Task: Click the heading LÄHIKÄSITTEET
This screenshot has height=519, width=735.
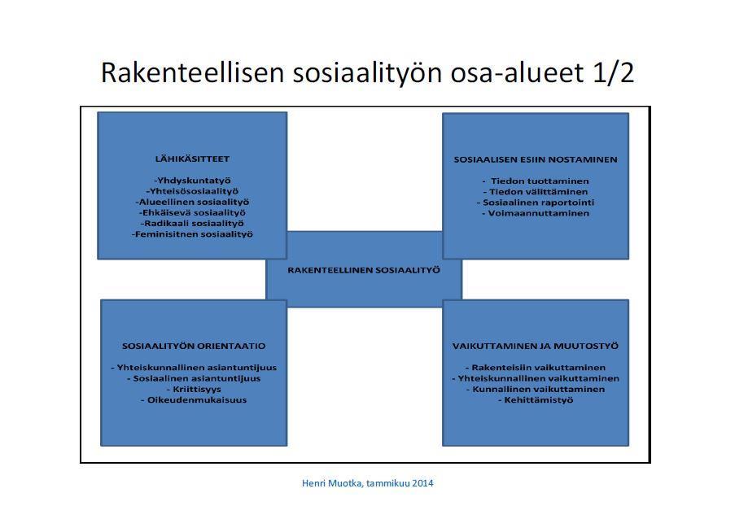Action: click(x=192, y=159)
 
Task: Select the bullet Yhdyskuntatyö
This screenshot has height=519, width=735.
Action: click(x=192, y=181)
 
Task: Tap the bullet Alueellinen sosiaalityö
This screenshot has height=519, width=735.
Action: click(x=192, y=203)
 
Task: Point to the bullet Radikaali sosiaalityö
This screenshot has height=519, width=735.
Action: click(x=192, y=224)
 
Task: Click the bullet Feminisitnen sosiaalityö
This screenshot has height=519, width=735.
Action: click(x=192, y=234)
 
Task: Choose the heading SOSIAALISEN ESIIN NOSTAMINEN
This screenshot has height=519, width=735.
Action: click(x=536, y=159)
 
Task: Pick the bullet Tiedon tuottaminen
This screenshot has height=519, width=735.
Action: click(x=536, y=181)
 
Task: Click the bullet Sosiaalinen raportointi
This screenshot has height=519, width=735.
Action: click(x=536, y=203)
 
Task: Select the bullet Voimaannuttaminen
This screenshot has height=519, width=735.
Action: click(x=536, y=214)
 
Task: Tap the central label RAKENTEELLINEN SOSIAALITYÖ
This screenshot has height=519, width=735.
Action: click(x=364, y=270)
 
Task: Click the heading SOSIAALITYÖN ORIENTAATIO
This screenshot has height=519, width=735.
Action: click(x=194, y=347)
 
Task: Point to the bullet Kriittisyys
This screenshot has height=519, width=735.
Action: click(x=194, y=389)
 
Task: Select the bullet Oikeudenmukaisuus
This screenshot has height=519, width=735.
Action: click(x=194, y=400)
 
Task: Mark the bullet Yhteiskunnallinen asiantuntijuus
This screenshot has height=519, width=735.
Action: click(x=194, y=368)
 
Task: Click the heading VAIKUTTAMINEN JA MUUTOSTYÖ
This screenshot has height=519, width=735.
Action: click(x=536, y=347)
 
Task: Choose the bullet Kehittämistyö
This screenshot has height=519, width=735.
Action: click(x=536, y=400)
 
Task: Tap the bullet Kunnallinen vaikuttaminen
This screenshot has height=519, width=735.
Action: click(x=536, y=389)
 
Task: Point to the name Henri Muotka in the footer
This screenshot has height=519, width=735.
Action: click(x=332, y=483)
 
